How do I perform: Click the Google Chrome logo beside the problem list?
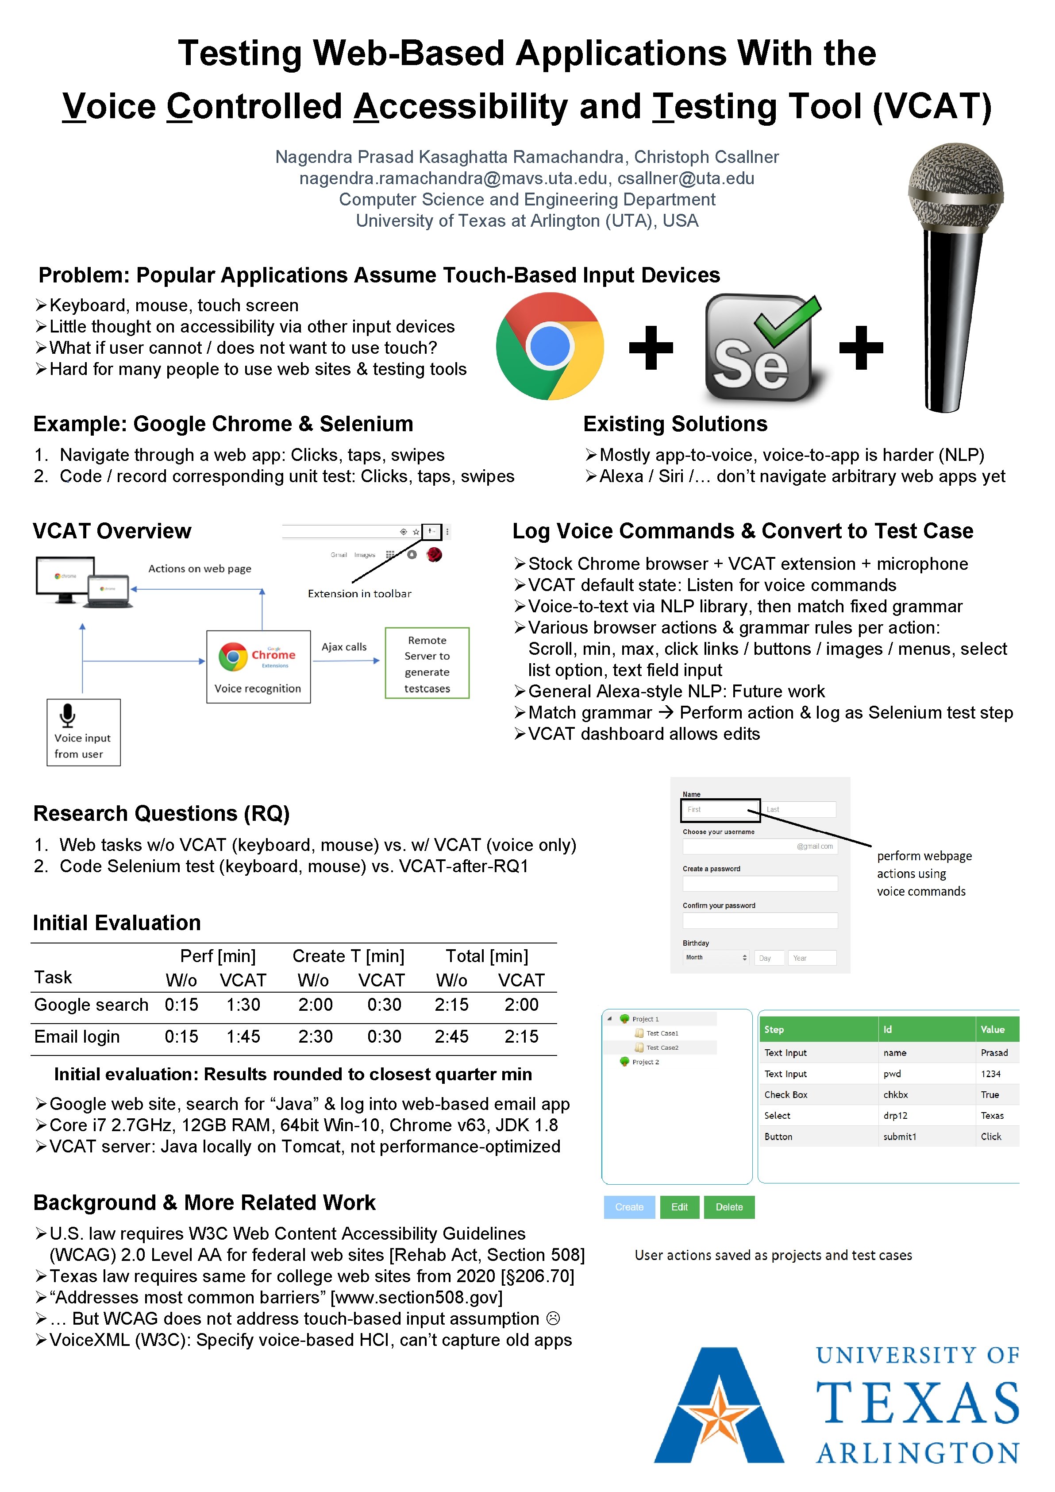(x=550, y=346)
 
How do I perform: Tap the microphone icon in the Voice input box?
(x=68, y=715)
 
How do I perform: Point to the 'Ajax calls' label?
(x=344, y=646)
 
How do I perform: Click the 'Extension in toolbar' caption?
(x=359, y=593)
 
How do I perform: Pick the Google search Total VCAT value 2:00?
(x=521, y=1005)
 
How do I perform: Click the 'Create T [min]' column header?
(x=348, y=956)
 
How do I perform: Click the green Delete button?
(x=729, y=1207)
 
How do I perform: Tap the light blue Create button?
(x=629, y=1207)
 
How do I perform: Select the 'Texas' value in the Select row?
(x=992, y=1115)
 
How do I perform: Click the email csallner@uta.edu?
(x=685, y=178)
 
